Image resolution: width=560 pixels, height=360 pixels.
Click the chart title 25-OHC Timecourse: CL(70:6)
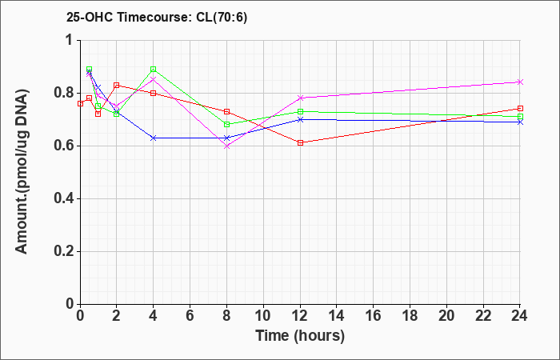pyautogui.click(x=157, y=18)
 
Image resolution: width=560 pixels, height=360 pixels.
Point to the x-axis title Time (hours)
pyautogui.click(x=300, y=336)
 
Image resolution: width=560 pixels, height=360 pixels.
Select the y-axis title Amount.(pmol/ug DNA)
pyautogui.click(x=22, y=172)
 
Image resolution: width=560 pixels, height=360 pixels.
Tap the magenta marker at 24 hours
pyautogui.click(x=520, y=82)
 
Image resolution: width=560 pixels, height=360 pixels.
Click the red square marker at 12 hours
pyautogui.click(x=300, y=143)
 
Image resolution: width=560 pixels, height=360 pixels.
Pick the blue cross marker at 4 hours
pyautogui.click(x=154, y=138)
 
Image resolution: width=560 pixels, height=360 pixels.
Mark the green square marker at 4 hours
pyautogui.click(x=154, y=69)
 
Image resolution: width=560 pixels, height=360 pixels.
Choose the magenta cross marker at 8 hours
pyautogui.click(x=226, y=146)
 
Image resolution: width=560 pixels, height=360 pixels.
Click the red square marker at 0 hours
pyautogui.click(x=80, y=103)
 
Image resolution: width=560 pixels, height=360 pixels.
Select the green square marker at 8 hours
pyautogui.click(x=226, y=124)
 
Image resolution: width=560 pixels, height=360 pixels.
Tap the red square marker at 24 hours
pyautogui.click(x=520, y=109)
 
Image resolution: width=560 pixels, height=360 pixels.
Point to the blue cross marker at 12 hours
pyautogui.click(x=300, y=119)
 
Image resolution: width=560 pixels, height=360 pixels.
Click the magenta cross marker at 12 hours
pyautogui.click(x=300, y=98)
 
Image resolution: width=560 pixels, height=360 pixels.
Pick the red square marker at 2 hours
pyautogui.click(x=117, y=85)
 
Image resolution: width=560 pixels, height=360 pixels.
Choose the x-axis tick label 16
pyautogui.click(x=374, y=316)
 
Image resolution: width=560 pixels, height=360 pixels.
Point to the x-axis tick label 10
pyautogui.click(x=263, y=316)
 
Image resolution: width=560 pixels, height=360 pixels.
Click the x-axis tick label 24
pyautogui.click(x=519, y=316)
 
